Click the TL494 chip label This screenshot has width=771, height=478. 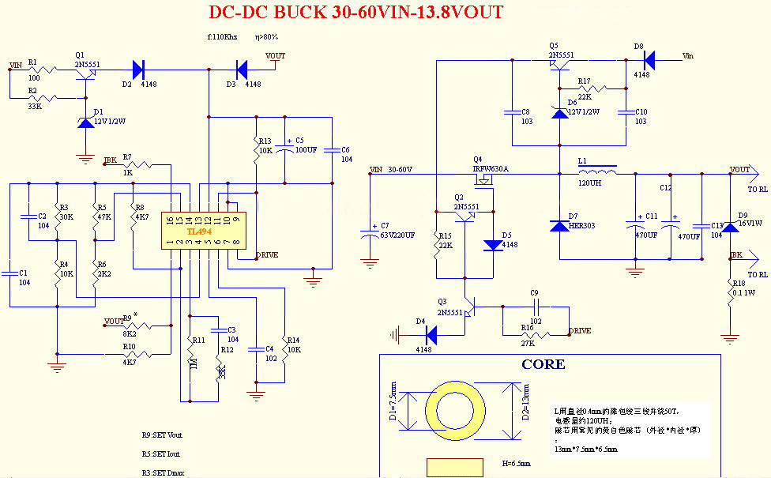pos(198,231)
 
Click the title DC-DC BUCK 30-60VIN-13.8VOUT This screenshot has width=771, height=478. pos(355,13)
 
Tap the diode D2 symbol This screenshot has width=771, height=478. pos(139,70)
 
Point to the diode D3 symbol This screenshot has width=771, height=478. pos(243,70)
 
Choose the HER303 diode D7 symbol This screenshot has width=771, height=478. pos(559,226)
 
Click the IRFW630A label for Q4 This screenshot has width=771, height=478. pos(491,169)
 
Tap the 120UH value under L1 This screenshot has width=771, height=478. pos(590,183)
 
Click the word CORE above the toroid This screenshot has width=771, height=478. pos(543,364)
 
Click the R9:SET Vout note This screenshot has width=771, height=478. pos(163,435)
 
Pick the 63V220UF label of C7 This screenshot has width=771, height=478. pos(397,235)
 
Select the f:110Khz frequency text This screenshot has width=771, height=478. pos(222,37)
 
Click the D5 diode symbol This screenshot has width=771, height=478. pos(493,245)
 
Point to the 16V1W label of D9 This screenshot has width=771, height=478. pos(750,224)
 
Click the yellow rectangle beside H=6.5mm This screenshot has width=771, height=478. pos(454,467)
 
